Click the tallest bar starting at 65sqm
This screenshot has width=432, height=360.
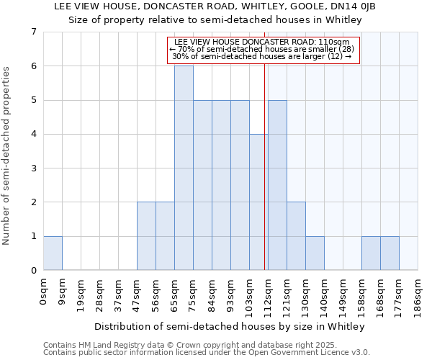click(x=184, y=168)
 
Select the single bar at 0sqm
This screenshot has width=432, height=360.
click(x=53, y=253)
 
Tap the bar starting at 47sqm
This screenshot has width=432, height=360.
click(x=146, y=236)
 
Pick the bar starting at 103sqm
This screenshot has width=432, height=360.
click(x=258, y=202)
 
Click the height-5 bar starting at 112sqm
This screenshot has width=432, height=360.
click(x=277, y=185)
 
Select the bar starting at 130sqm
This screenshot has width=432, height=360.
click(x=315, y=253)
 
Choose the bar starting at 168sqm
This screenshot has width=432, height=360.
click(x=390, y=253)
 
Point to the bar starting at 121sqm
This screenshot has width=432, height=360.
click(x=296, y=236)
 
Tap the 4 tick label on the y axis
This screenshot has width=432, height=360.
click(x=33, y=135)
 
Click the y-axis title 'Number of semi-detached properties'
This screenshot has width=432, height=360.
click(x=7, y=156)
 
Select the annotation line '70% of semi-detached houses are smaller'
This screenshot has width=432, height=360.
click(x=262, y=49)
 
